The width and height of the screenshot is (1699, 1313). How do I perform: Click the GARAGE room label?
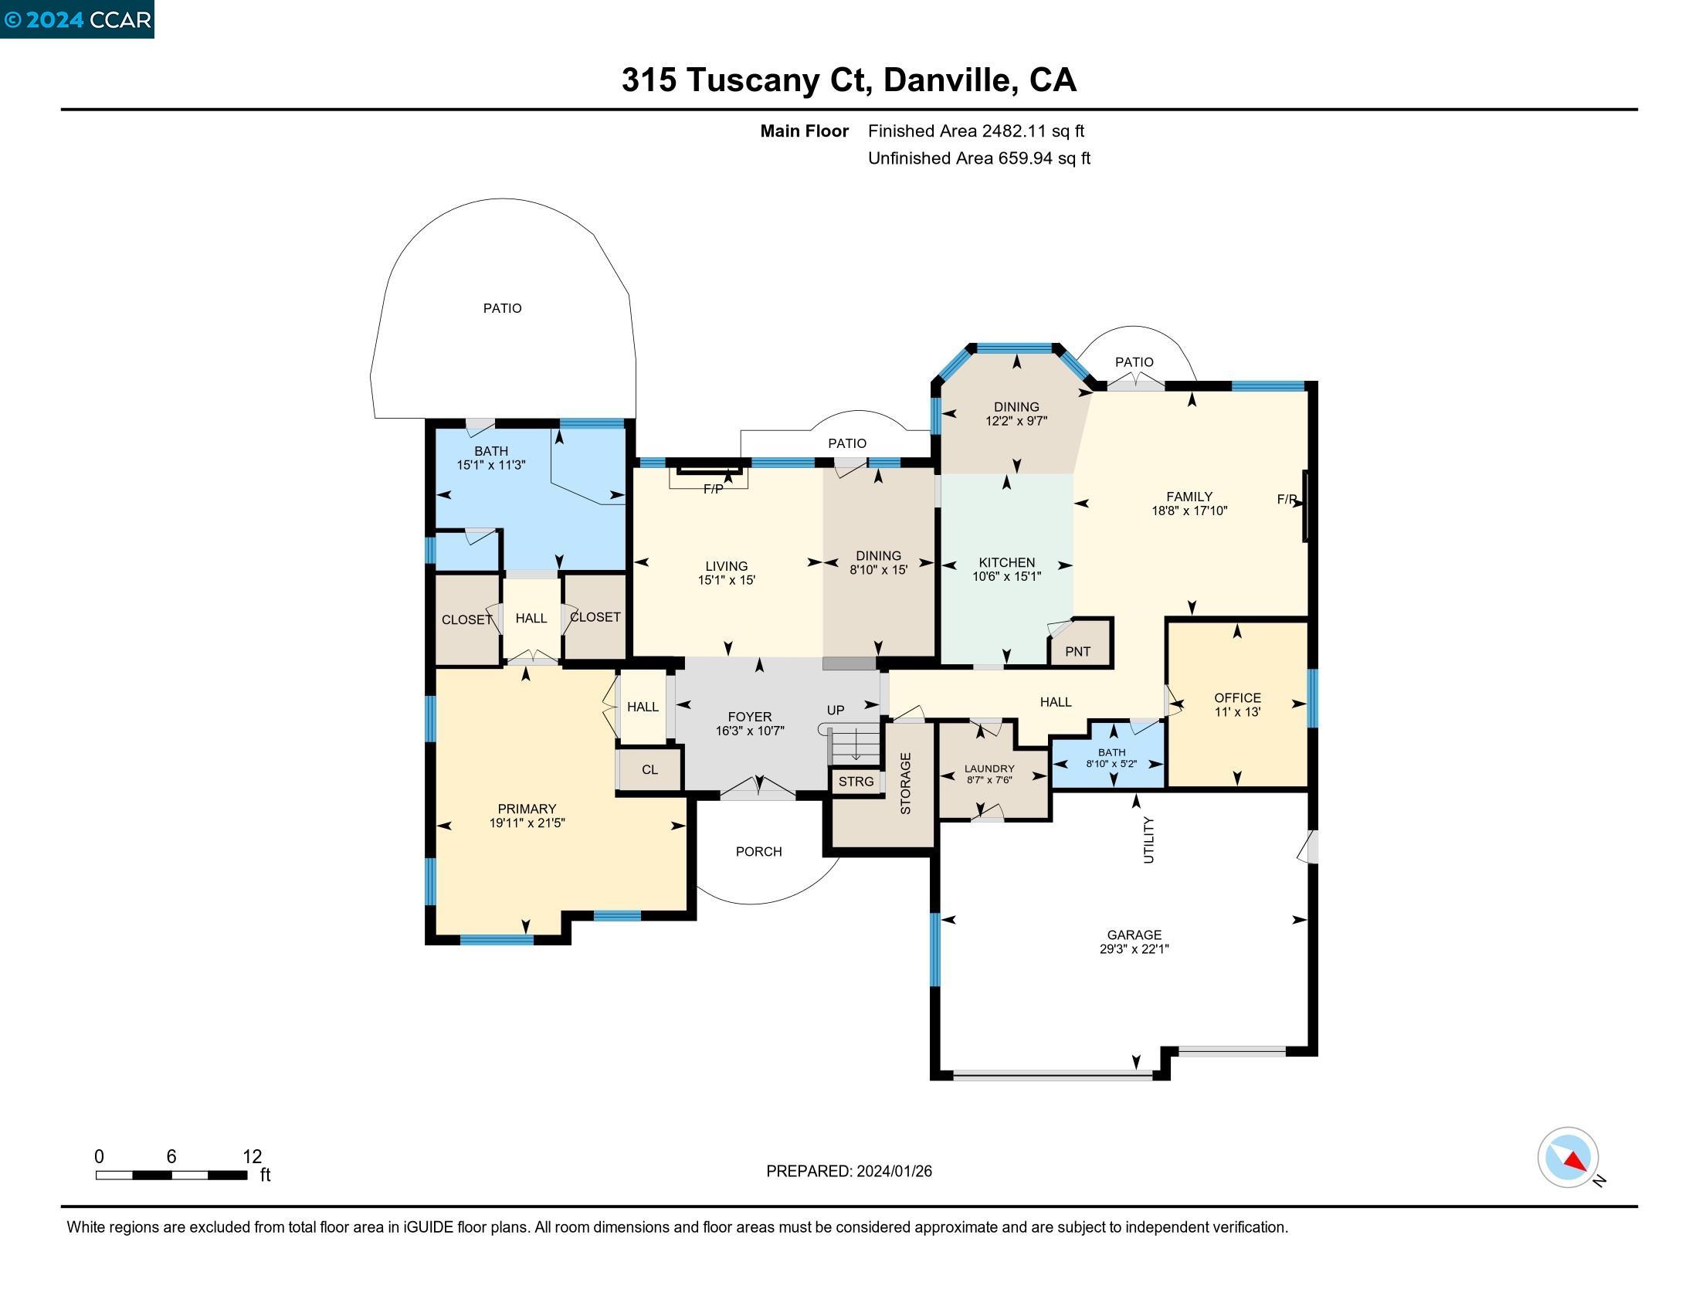1134,935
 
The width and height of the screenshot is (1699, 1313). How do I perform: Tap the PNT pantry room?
1077,651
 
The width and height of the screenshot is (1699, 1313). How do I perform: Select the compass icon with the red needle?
1568,1158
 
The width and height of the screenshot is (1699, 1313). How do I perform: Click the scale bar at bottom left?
171,1175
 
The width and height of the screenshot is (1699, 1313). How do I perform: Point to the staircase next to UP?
853,745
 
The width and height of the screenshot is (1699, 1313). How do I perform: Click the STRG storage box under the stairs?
856,781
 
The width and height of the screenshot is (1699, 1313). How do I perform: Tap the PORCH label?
758,852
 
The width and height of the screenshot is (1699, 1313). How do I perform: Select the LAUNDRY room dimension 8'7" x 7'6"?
989,780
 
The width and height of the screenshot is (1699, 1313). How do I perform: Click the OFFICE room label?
1237,697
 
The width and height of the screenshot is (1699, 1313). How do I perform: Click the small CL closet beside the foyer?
649,769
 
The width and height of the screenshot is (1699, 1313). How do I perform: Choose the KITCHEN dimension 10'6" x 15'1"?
1005,576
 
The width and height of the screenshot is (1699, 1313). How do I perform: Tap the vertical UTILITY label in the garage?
1148,840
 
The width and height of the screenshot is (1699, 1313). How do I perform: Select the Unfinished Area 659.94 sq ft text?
978,158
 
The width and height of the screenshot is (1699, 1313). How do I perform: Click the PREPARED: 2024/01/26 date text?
849,1172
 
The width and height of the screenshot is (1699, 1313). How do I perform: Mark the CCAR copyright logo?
77,19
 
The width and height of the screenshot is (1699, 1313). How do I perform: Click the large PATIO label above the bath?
503,308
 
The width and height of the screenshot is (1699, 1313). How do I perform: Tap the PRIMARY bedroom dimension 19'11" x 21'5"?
527,823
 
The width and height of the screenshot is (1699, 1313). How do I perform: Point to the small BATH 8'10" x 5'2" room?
1111,758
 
